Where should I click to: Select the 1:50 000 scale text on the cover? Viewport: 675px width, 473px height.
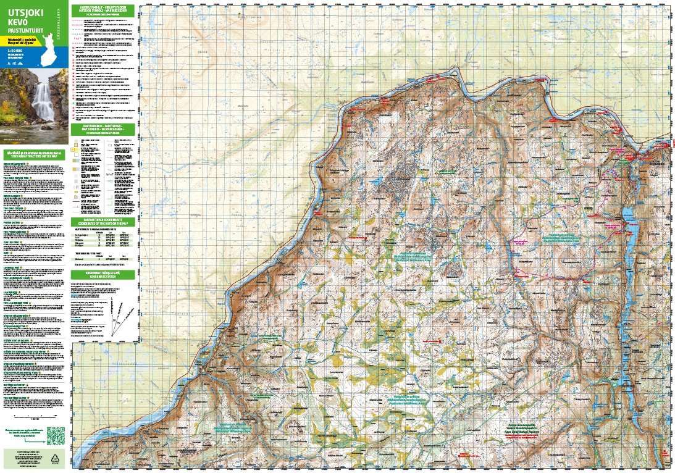(14, 50)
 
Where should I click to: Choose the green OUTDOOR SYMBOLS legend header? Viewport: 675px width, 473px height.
(103, 10)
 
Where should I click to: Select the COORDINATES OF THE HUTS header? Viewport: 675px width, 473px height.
(103, 221)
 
